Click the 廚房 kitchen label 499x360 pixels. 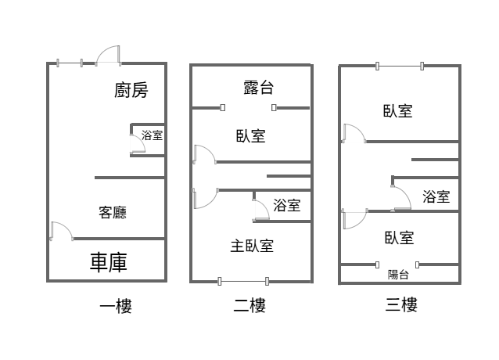[131, 90]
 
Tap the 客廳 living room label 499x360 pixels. [113, 212]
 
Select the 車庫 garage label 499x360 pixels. [109, 262]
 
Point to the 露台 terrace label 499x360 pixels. [258, 88]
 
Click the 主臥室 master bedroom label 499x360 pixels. [252, 246]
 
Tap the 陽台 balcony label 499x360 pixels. [398, 275]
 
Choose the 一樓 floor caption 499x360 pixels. [116, 306]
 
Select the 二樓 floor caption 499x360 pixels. [249, 305]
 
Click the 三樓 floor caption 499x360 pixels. [401, 304]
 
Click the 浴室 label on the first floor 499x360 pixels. [152, 135]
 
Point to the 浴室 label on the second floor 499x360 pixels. [287, 205]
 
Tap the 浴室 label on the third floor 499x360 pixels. [436, 196]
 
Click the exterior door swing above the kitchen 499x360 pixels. [108, 56]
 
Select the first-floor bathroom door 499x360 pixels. [138, 145]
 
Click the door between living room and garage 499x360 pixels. [62, 231]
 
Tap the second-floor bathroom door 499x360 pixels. [261, 210]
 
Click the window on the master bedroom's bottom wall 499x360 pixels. [243, 282]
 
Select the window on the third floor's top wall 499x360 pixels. [400, 67]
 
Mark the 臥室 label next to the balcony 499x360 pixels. [399, 238]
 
